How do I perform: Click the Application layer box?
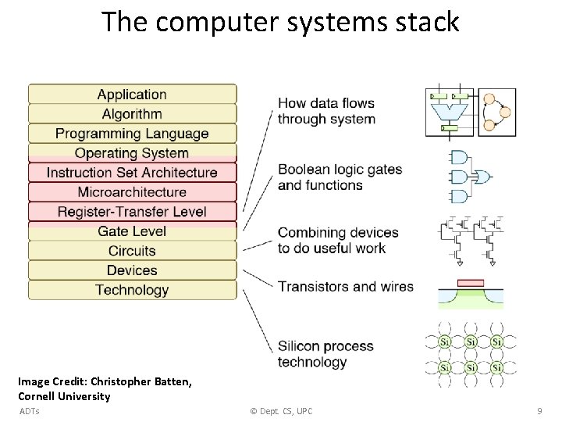(x=132, y=95)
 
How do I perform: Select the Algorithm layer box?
(x=132, y=114)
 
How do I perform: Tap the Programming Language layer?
(x=132, y=134)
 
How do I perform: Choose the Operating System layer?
(x=132, y=153)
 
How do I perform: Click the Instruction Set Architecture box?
(x=132, y=173)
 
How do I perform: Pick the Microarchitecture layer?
(x=132, y=192)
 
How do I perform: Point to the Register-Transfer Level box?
(x=132, y=212)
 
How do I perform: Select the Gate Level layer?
(x=132, y=231)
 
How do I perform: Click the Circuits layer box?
(x=132, y=251)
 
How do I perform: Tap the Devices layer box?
(x=132, y=270)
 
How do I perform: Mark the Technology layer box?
(x=132, y=290)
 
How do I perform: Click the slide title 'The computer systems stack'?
(x=280, y=22)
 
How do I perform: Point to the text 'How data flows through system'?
(x=326, y=111)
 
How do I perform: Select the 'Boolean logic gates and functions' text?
(x=340, y=177)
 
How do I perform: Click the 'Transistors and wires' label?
(x=345, y=287)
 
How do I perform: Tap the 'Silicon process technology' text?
(x=325, y=354)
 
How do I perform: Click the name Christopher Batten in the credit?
(x=140, y=382)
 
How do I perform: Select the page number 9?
(x=539, y=411)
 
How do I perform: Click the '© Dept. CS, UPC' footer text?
(x=281, y=411)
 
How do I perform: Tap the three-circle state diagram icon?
(x=497, y=112)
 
